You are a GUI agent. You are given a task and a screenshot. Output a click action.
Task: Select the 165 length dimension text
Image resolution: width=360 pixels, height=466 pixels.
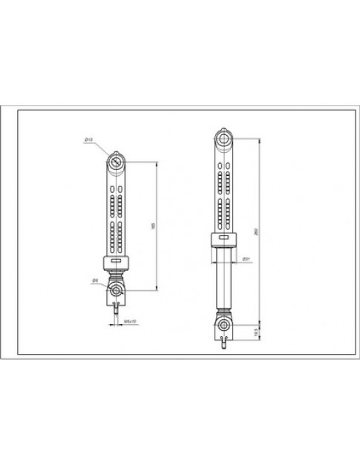[153, 226]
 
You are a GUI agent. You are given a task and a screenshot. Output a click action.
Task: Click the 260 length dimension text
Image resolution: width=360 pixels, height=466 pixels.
[256, 230]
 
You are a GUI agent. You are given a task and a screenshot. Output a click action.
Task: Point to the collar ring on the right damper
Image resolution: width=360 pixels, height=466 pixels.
[224, 238]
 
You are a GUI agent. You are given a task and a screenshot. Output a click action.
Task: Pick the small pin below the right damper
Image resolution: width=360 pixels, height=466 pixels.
[224, 344]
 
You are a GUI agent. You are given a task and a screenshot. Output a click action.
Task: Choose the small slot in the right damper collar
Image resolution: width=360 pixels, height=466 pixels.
[224, 239]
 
